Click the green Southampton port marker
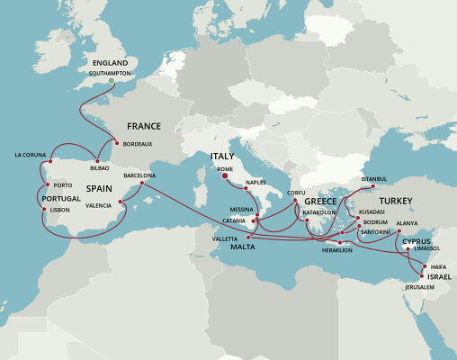[x=110, y=81]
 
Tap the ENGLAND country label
[x=108, y=64]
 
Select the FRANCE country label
[x=144, y=126]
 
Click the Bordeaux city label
[x=138, y=143]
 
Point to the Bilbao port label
[x=101, y=167]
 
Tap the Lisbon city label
[x=59, y=210]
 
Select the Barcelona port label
[x=140, y=175]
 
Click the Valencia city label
[x=99, y=205]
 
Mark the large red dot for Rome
[x=225, y=177]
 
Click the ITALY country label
[x=222, y=157]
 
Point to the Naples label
[x=255, y=183]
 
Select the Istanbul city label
[x=373, y=178]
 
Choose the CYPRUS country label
[x=417, y=241]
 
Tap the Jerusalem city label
[x=419, y=287]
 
